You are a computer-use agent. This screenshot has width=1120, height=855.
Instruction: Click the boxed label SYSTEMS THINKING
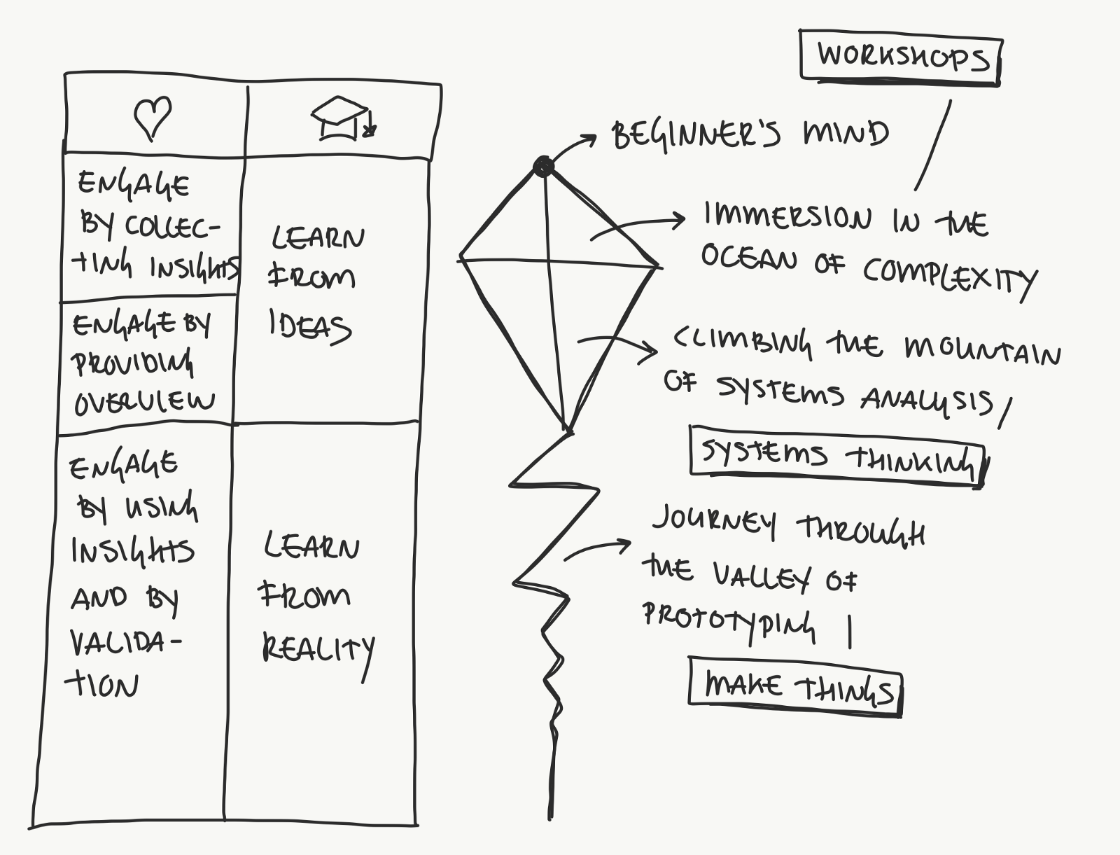point(837,457)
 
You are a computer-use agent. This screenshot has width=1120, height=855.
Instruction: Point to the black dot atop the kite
point(543,167)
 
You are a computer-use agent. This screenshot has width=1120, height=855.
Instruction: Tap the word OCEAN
point(749,258)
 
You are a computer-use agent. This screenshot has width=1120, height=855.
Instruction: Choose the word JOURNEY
point(715,522)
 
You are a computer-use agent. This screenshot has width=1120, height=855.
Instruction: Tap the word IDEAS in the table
point(309,327)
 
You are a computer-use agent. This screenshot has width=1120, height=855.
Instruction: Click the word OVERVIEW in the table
point(144,402)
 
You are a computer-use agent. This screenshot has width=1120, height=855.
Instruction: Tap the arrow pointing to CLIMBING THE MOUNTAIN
point(619,346)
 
